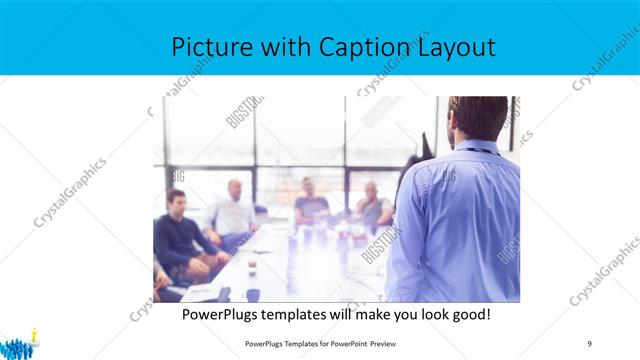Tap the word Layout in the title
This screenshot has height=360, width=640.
[x=455, y=47]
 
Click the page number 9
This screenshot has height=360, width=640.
[x=590, y=344]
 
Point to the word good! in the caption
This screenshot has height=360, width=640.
[x=470, y=314]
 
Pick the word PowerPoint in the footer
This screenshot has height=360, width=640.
[x=343, y=344]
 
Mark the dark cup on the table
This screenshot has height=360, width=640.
[x=253, y=294]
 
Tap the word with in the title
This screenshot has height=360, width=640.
[x=291, y=47]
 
